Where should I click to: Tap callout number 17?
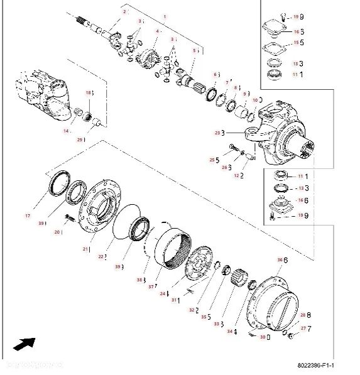28,216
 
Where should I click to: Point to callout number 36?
280,259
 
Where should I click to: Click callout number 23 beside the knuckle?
218,133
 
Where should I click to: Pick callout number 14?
66,131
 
